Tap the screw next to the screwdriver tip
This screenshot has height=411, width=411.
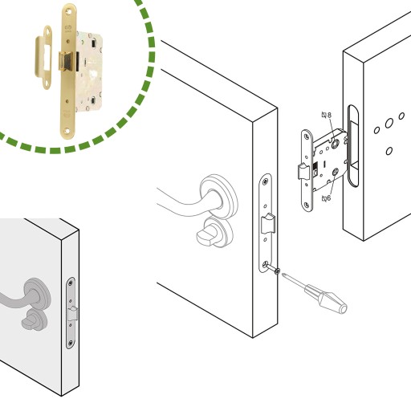coord(277,271)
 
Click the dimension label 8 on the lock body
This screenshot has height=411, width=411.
coord(329,115)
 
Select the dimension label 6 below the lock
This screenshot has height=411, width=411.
coord(328,198)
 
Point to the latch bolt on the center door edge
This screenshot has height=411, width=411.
coord(268,223)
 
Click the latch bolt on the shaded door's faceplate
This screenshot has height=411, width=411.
coord(73,313)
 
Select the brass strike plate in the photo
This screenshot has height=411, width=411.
coord(44,57)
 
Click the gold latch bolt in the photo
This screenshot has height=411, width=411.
coord(66,62)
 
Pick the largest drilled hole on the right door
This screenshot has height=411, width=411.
coord(389,124)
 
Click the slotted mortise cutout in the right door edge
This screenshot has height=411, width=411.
coord(353,145)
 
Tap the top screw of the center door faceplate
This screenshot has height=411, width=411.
coord(266,181)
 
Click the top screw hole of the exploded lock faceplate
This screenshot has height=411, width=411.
coord(307,137)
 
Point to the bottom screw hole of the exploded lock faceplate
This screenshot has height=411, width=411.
coord(307,205)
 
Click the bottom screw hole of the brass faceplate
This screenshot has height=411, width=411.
coord(67,131)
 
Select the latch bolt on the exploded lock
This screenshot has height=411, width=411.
coord(303,172)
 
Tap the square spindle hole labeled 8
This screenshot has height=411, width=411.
coord(335,144)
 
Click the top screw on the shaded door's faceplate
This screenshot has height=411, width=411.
coord(71,283)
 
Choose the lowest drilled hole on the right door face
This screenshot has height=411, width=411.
coord(389,151)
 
